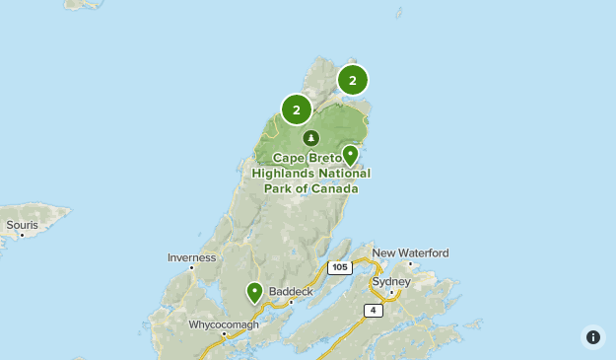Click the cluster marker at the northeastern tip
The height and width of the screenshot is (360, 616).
(352, 80)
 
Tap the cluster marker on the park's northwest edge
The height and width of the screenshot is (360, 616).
(296, 109)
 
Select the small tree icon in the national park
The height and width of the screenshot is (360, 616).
(311, 138)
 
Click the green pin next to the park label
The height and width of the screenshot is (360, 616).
(350, 156)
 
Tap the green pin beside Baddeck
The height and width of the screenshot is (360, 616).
(254, 292)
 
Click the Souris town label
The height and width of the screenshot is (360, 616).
(22, 226)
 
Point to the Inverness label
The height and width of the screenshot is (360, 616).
(191, 258)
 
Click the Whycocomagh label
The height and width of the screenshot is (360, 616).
(224, 324)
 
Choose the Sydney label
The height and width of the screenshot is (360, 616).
(390, 282)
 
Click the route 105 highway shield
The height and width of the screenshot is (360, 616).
(340, 267)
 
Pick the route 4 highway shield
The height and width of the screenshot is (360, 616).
(373, 310)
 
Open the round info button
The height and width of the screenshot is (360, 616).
(592, 337)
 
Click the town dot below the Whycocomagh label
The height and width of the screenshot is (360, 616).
(225, 334)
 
